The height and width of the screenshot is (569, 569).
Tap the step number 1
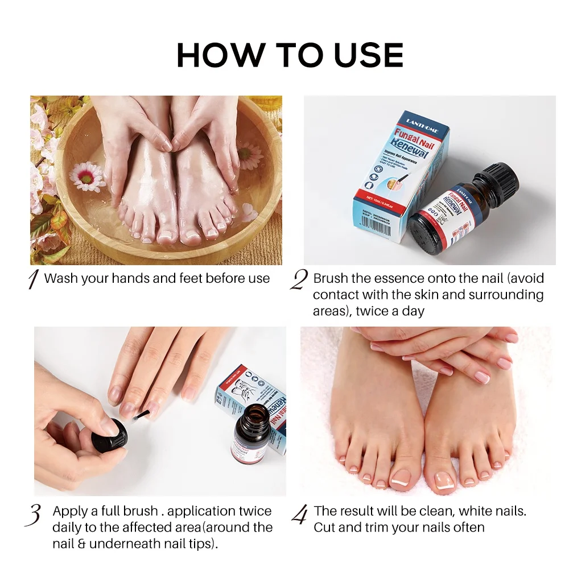pyautogui.click(x=34, y=279)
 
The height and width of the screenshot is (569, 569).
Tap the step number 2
pyautogui.click(x=298, y=280)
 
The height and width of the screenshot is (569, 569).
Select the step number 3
pyautogui.click(x=35, y=514)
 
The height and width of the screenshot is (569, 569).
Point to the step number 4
pyautogui.click(x=299, y=514)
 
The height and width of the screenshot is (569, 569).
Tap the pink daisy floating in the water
pyautogui.click(x=87, y=176)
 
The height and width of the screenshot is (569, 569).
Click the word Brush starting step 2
pyautogui.click(x=330, y=278)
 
